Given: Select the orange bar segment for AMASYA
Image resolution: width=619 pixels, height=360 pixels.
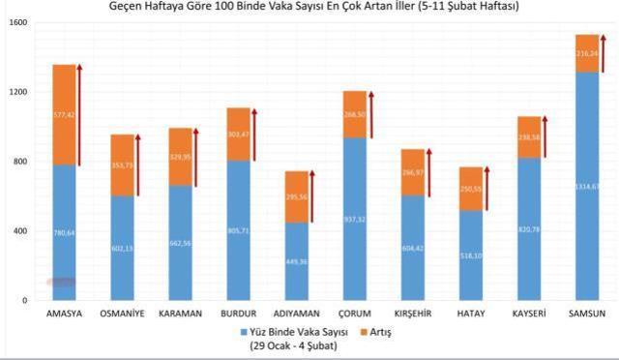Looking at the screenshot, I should point(65,114).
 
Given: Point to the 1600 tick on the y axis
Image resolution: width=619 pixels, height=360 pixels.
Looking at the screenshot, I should point(18,22).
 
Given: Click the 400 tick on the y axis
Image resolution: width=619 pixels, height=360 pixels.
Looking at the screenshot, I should point(20,231).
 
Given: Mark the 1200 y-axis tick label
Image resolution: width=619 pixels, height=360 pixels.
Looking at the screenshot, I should point(18,92).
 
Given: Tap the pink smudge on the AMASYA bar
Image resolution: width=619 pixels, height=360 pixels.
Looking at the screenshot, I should point(62,282).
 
